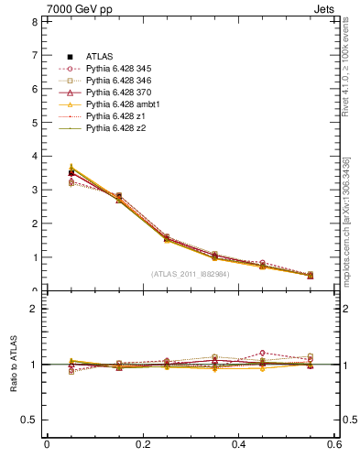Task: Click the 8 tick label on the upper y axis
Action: click(34, 21)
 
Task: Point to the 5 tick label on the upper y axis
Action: click(34, 123)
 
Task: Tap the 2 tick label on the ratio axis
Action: click(34, 309)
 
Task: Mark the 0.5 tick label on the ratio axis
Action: click(30, 420)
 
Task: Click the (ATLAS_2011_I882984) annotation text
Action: click(191, 274)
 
